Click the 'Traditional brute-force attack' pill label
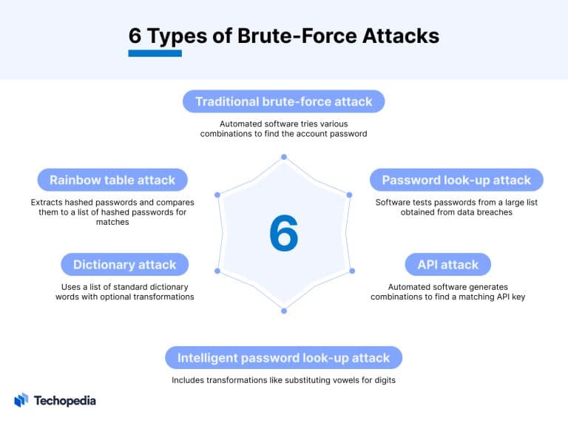pos(284,101)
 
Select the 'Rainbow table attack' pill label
pos(112,180)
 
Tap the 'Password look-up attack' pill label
pos(456,180)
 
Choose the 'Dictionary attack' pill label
pos(124,264)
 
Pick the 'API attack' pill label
pos(447,264)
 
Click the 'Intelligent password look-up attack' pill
pos(283,358)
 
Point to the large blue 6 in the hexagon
pos(283,234)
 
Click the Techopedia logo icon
pos(21,400)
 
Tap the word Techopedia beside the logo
pos(65,401)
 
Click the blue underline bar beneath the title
pos(155,53)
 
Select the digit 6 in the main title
pos(135,35)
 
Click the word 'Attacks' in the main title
pos(399,35)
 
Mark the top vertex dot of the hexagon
pos(283,157)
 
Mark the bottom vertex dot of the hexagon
pos(283,311)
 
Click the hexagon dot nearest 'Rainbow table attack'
pos(217,195)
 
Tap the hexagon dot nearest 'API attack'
pos(352,270)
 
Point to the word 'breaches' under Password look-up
pos(493,212)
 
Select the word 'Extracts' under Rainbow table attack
pos(49,202)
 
